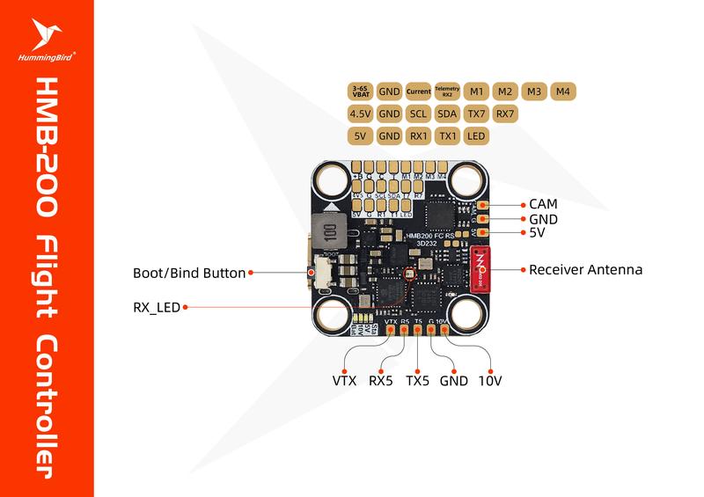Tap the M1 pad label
click(x=476, y=91)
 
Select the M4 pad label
click(x=563, y=91)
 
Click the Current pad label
click(x=418, y=91)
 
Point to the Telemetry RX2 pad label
click(x=447, y=91)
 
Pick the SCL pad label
click(x=418, y=113)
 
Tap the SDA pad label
click(x=447, y=113)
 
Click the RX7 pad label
click(x=505, y=113)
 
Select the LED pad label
click(x=476, y=136)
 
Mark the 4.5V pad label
click(x=361, y=113)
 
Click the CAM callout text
click(x=544, y=204)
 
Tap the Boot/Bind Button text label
click(x=188, y=273)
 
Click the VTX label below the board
click(x=345, y=382)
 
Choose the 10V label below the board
click(x=489, y=382)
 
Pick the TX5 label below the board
click(x=417, y=382)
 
